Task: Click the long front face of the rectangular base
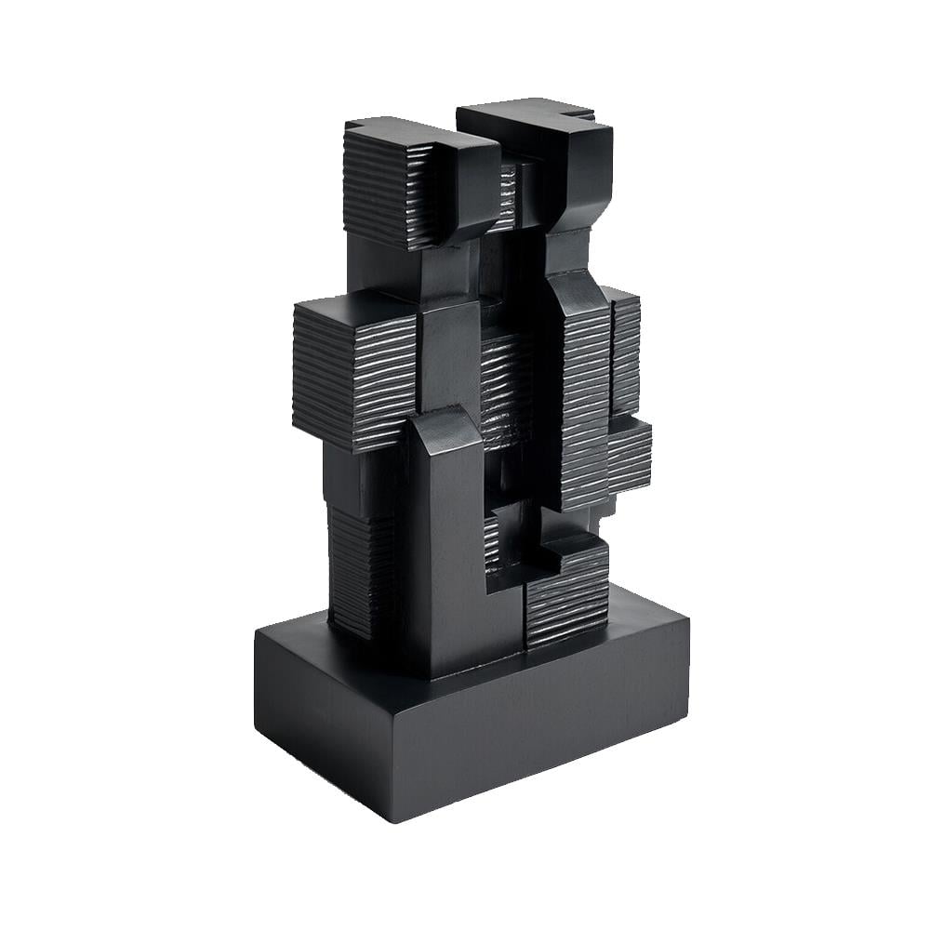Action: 539,735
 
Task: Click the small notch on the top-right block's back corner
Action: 584,116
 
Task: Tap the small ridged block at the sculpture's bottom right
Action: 567,595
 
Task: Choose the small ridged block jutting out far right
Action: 630,456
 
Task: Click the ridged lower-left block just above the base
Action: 358,567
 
